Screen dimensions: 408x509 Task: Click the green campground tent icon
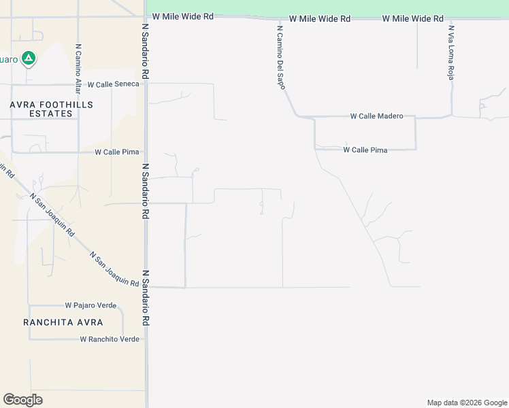point(28,58)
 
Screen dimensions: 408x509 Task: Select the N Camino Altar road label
point(79,67)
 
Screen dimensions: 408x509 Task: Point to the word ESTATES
point(51,114)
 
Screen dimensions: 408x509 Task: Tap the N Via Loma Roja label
point(450,54)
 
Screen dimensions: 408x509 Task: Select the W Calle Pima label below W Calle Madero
point(365,150)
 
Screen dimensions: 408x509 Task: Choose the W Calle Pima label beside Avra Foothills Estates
point(116,152)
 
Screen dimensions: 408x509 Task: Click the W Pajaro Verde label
point(91,306)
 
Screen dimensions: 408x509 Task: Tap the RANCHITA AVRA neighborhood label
point(63,322)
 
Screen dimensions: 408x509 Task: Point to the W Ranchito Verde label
point(110,339)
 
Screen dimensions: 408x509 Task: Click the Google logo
point(22,400)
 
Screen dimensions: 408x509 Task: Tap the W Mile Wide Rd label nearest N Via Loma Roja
point(413,18)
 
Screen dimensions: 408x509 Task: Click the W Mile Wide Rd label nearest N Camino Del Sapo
point(320,19)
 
